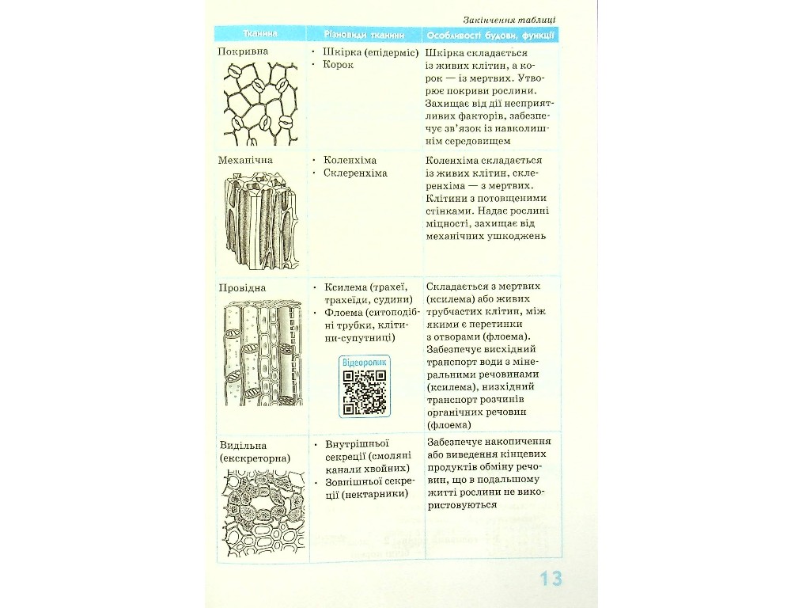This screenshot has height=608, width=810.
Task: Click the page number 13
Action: pos(551,578)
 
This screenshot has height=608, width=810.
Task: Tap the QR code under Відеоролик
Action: pos(365,393)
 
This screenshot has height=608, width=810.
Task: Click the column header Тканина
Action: pos(260,34)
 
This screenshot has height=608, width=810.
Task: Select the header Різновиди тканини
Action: pos(364,35)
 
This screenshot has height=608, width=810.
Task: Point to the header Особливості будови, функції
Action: pos(490,36)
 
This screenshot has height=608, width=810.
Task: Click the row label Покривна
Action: pos(243,51)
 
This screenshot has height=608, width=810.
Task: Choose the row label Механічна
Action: pos(245,160)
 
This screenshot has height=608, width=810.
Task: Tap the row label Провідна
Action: pos(242,287)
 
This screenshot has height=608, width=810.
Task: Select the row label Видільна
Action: pos(244,445)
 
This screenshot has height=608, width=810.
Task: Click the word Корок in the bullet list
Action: pos(339,65)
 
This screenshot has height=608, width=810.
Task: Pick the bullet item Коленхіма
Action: pos(350,160)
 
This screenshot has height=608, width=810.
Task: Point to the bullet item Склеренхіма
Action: pos(355,173)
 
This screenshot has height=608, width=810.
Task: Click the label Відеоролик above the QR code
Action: pos(364,363)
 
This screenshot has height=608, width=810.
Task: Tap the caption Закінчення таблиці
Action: pos(509,20)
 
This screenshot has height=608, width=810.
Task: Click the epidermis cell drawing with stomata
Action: pos(261,104)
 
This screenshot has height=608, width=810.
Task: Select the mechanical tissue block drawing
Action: pos(261,220)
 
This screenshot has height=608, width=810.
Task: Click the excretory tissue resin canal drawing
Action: pos(263,514)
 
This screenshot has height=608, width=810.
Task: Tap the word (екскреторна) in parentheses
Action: pos(255,458)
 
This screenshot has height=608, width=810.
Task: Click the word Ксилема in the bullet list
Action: pos(346,287)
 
